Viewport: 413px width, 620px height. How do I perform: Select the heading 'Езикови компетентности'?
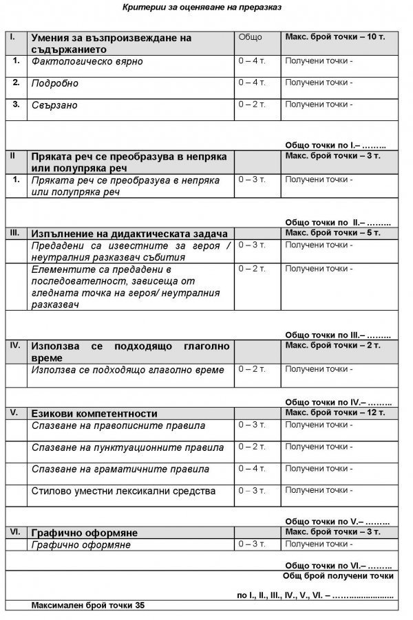point(94,414)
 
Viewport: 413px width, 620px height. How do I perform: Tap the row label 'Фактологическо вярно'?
point(87,61)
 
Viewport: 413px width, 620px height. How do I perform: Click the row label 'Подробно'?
point(55,83)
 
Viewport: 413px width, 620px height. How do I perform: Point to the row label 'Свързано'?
point(54,105)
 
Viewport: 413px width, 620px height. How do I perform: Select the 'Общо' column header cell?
point(249,36)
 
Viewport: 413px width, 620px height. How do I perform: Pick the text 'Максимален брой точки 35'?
point(88,606)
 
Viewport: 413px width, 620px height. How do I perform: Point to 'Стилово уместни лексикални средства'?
point(123,491)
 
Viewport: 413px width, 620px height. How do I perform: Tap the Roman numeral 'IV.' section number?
point(15,345)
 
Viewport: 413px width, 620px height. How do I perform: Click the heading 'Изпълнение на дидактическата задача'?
point(129,234)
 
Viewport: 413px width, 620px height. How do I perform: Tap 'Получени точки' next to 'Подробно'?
point(319,83)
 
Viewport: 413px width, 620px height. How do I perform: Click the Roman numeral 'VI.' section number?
point(14,532)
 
